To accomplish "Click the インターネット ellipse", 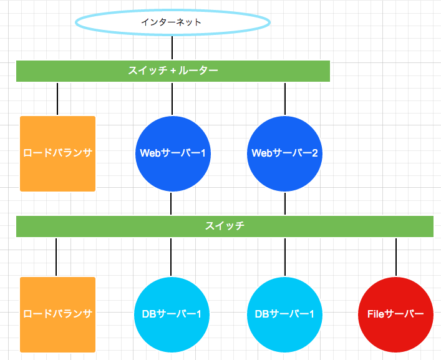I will [x=173, y=22].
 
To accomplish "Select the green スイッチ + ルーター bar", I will [x=173, y=71].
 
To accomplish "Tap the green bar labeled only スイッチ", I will [x=225, y=226].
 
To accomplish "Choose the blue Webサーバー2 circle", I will [x=285, y=153].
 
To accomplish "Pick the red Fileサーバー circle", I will [x=396, y=314].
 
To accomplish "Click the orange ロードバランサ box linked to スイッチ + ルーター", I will [x=57, y=153].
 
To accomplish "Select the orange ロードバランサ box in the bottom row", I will [x=57, y=314].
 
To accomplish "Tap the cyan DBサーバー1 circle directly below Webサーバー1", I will [x=171, y=314].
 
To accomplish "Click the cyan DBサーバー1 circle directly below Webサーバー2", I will [x=285, y=314].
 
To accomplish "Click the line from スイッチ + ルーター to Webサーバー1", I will [x=172, y=99].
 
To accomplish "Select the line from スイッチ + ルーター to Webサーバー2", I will [x=285, y=99].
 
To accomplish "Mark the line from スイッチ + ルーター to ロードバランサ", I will [x=57, y=99].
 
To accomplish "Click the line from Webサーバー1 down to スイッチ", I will [x=171, y=203].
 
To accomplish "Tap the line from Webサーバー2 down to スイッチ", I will [x=285, y=203].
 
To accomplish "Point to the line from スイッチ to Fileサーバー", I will [x=396, y=257].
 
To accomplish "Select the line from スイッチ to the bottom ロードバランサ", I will [x=56, y=257].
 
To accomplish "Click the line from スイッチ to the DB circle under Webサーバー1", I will [x=171, y=257].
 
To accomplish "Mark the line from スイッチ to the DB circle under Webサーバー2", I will [x=285, y=257].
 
